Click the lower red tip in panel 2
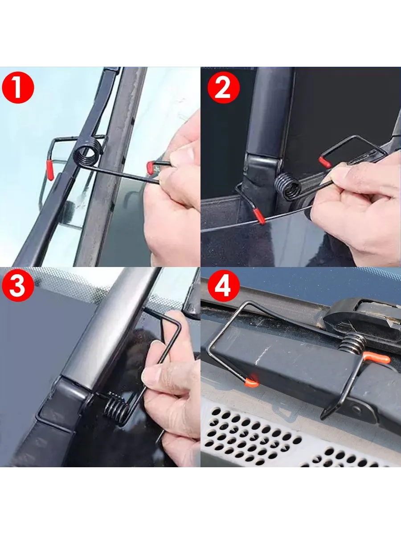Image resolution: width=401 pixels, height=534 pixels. point(259,216)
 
